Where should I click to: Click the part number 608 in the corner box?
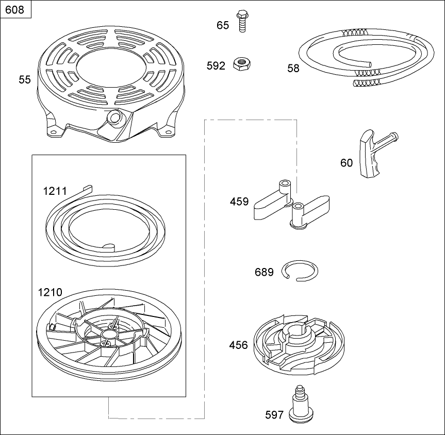(x=15, y=10)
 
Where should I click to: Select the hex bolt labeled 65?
(x=241, y=21)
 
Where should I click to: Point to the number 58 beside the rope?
(x=293, y=69)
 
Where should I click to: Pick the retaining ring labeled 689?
(x=300, y=271)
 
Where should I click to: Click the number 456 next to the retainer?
(x=238, y=345)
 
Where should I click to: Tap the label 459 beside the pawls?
(x=239, y=202)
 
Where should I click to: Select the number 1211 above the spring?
(x=55, y=191)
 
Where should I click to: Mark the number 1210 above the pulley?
(x=50, y=292)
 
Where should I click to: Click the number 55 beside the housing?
(x=24, y=80)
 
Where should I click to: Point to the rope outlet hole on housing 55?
(x=115, y=116)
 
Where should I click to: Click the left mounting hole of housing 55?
(x=53, y=131)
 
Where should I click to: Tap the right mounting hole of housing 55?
(x=168, y=132)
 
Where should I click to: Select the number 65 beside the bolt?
(x=223, y=25)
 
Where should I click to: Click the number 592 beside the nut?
(x=216, y=66)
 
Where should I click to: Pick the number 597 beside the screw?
(x=274, y=415)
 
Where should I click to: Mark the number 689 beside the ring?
(x=264, y=273)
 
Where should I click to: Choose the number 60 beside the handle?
(x=346, y=163)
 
